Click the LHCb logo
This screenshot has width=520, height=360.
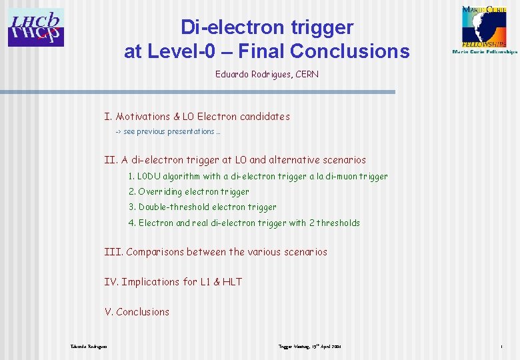pyautogui.click(x=36, y=27)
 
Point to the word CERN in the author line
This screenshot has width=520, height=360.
pyautogui.click(x=306, y=74)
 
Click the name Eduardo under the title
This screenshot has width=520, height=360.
pyautogui.click(x=233, y=74)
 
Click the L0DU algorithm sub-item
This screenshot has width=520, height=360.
pyautogui.click(x=257, y=177)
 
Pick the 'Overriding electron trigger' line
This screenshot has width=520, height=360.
pyautogui.click(x=189, y=192)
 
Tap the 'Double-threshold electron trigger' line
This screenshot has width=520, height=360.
pyautogui.click(x=202, y=207)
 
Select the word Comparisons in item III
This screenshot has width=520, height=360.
pyautogui.click(x=155, y=252)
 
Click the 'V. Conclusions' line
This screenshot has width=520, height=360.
pyautogui.click(x=137, y=312)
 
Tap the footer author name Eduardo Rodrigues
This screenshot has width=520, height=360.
pyautogui.click(x=89, y=347)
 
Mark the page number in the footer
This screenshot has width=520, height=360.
pyautogui.click(x=500, y=347)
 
